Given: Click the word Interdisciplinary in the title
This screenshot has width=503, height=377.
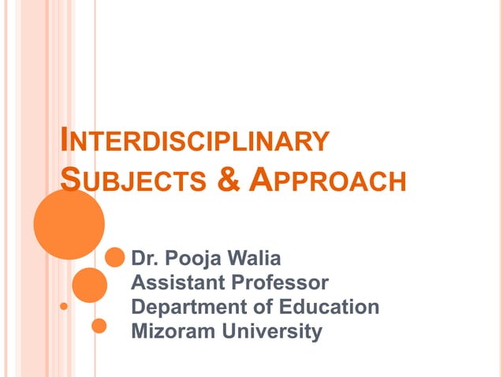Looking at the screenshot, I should coord(194,141).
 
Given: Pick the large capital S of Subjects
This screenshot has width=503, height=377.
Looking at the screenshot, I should coord(70,178).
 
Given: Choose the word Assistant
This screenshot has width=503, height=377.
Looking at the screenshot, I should coord(174,282).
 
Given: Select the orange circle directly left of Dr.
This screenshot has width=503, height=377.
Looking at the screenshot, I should coord(114,257).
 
